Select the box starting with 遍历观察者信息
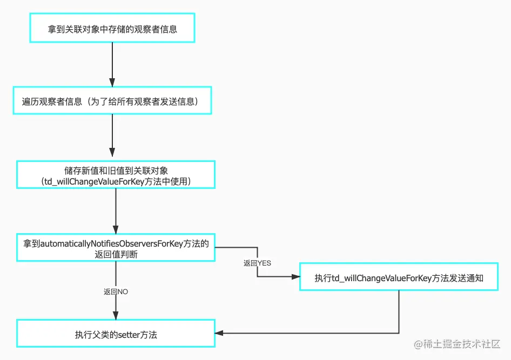click(x=112, y=101)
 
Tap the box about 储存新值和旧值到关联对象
click(x=116, y=174)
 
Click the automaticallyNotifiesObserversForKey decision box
click(x=116, y=248)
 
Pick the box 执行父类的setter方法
click(x=116, y=334)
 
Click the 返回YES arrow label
click(x=257, y=263)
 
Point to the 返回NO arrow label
click(x=116, y=291)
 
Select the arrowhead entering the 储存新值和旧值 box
click(x=112, y=156)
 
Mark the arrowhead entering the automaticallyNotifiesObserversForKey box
click(x=116, y=229)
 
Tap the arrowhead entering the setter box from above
click(x=116, y=315)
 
